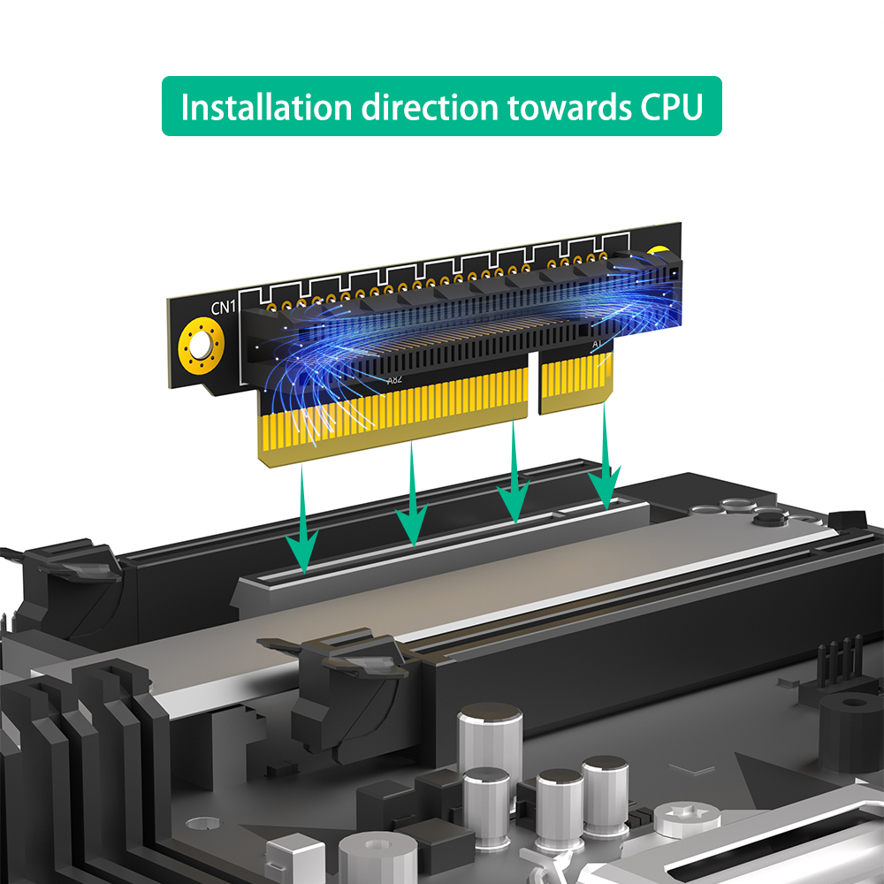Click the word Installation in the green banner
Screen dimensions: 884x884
point(266,107)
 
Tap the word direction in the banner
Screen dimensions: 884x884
point(431,107)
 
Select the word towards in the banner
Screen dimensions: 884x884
point(569,107)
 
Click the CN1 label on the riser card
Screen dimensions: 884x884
point(224,308)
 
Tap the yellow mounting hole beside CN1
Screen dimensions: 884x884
point(201,345)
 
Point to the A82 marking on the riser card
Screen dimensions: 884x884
point(394,379)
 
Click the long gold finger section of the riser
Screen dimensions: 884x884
point(393,418)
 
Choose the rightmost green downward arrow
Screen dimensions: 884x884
point(605,457)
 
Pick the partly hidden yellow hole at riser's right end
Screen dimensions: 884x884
point(658,251)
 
